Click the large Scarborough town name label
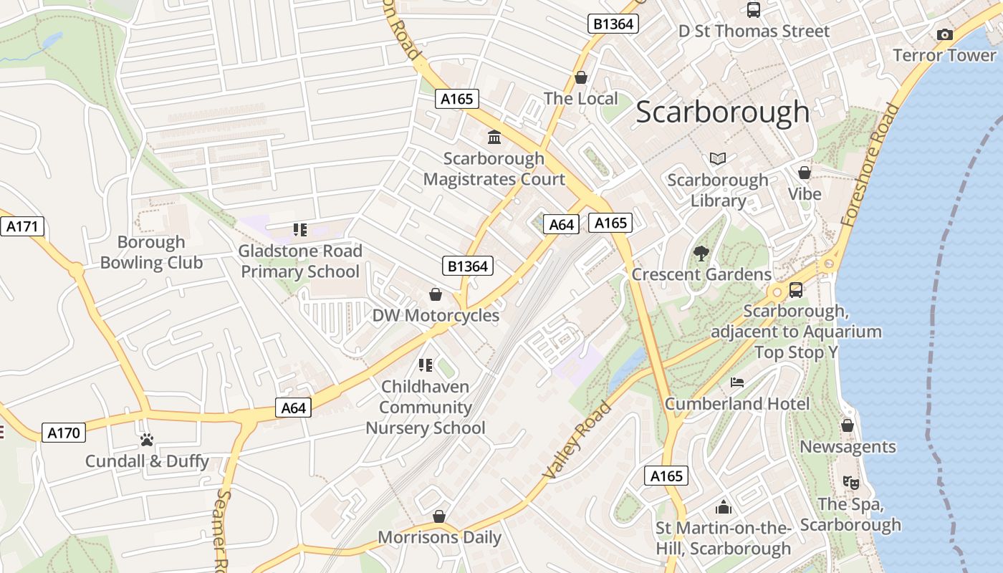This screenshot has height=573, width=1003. pos(722,112)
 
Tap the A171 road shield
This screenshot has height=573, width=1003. pos(22,227)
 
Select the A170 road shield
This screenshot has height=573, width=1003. pos(64,433)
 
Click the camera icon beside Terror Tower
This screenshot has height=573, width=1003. pos(945,34)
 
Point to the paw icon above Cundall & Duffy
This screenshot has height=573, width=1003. pos(147,440)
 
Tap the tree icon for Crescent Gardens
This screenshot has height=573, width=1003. pos(701,253)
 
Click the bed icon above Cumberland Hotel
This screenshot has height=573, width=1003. pos(736,382)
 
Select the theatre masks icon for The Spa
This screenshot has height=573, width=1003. pos(850,483)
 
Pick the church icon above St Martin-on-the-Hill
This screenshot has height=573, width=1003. pos(724,507)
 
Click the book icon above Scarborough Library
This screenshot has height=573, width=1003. pos(718,158)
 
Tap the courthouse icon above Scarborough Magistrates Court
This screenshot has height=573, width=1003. pos(494,137)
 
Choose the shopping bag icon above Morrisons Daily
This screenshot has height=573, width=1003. pos(439,516)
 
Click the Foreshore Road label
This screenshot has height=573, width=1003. pos(870,165)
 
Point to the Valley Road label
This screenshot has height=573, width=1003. pos(577,440)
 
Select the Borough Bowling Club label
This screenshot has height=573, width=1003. pos(151,252)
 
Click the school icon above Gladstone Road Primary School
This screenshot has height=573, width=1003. pos(300,230)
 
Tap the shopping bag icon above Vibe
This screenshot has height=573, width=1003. pos(805,173)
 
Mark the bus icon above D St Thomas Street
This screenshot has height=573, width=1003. pos(754,10)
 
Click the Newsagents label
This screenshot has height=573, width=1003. pos(848,447)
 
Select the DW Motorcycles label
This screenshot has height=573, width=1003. pos(436,316)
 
